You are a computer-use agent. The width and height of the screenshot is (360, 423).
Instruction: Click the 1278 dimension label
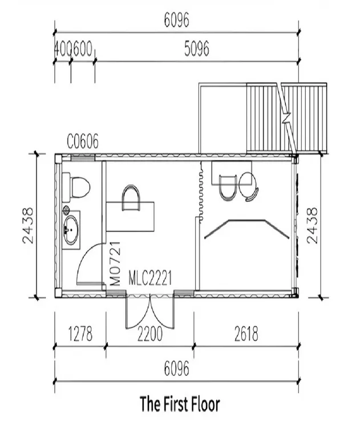[79, 334]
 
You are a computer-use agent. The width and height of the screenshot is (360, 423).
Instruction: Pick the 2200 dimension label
[149, 334]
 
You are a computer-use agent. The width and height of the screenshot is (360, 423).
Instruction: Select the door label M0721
[116, 263]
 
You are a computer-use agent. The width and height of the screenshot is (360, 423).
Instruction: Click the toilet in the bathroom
[78, 185]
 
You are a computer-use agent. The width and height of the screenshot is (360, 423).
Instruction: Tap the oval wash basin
[71, 230]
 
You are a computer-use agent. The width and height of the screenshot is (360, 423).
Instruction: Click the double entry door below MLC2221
[149, 313]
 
